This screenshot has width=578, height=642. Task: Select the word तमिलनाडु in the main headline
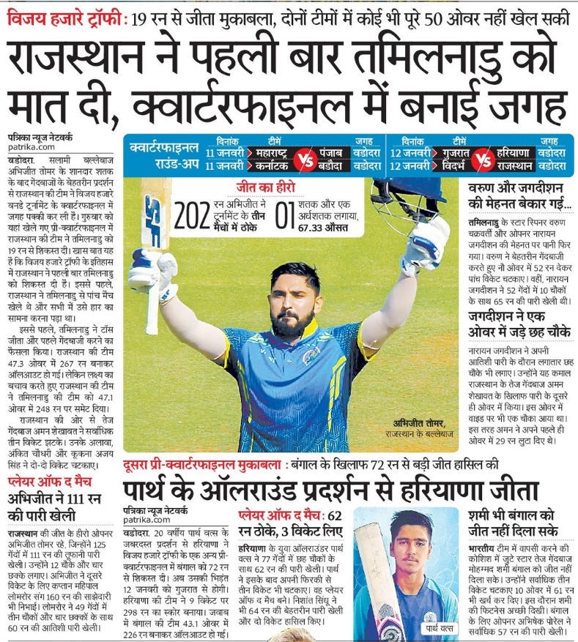[440, 56]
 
